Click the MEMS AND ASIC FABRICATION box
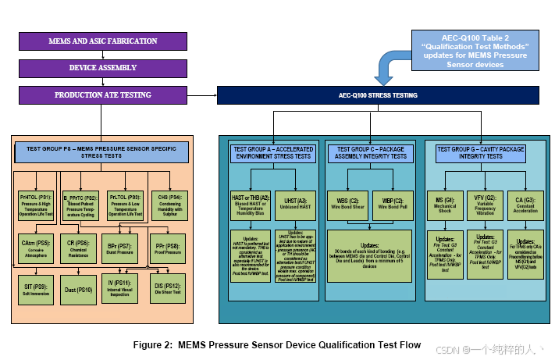pos(102,41)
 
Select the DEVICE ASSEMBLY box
pos(102,68)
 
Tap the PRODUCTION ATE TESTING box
pos(102,95)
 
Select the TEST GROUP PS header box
pos(102,151)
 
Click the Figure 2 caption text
pos(277,344)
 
